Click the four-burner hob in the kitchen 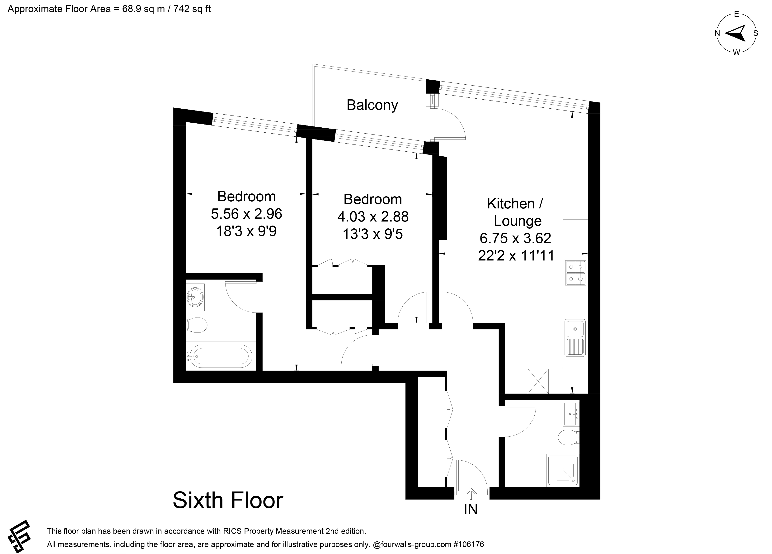pyautogui.click(x=576, y=273)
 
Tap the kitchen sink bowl pyautogui.click(x=575, y=329)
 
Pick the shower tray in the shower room pyautogui.click(x=562, y=469)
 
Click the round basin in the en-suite pyautogui.click(x=195, y=297)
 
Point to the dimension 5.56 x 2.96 pyautogui.click(x=246, y=214)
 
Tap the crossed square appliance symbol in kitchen pyautogui.click(x=538, y=381)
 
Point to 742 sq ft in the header pyautogui.click(x=192, y=9)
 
